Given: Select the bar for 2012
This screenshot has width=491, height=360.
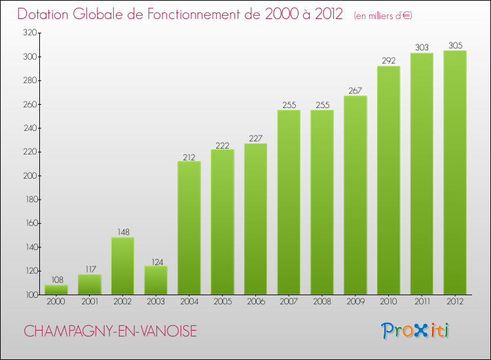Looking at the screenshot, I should tap(455, 173).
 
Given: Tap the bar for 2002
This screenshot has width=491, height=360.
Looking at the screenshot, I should tap(122, 266).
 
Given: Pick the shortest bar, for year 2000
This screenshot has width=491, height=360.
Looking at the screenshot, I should tap(56, 290).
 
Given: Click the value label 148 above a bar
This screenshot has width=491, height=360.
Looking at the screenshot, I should tap(122, 232).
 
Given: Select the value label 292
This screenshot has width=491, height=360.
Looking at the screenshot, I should tap(388, 61).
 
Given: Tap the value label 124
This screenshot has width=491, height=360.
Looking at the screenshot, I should tap(156, 261).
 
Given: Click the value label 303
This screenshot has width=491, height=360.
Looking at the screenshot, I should tap(422, 48).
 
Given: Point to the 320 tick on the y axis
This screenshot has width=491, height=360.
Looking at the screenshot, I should tap(30, 33).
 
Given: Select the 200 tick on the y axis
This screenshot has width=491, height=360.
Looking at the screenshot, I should tap(30, 176).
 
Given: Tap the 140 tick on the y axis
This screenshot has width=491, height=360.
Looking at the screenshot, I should tap(30, 247).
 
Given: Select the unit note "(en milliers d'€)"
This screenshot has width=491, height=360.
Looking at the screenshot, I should tap(383, 15).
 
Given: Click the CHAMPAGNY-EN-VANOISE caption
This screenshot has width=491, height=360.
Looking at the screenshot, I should tap(110, 332).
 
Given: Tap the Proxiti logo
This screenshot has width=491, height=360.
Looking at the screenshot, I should tap(415, 331).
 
